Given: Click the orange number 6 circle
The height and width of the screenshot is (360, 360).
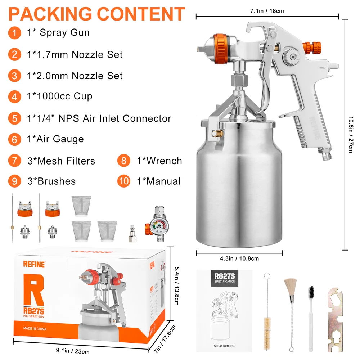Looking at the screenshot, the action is click(14, 139).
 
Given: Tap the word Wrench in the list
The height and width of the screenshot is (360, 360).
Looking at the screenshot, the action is click(164, 161).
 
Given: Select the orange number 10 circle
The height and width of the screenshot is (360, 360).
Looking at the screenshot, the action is click(124, 181).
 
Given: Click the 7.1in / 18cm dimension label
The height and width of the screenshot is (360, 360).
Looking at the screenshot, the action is click(267, 11).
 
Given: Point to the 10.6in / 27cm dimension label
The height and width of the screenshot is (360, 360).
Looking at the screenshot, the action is click(351, 135).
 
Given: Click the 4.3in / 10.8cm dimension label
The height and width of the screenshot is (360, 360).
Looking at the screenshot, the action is click(239, 258).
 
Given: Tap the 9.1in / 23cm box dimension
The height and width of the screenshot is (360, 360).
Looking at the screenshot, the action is click(73, 351).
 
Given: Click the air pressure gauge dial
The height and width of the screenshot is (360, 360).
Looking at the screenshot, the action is click(159, 226).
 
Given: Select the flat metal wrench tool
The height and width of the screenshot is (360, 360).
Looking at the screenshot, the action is click(335, 319).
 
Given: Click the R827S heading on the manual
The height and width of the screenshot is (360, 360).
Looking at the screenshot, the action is click(225, 276).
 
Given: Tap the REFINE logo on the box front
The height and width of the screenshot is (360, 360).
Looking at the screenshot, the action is click(34, 265).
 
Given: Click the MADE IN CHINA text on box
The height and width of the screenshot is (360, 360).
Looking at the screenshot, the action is click(35, 329).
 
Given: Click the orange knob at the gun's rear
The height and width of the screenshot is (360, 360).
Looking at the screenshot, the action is click(312, 48).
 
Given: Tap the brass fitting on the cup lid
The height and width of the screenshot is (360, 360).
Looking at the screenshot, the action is click(217, 133).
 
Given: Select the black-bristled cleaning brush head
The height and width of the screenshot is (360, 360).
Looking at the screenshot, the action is click(311, 292).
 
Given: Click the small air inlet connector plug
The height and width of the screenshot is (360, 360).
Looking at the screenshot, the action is click(132, 234).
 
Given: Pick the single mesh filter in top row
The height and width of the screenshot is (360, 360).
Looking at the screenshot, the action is click(81, 206).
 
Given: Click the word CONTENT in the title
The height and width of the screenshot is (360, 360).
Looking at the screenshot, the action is click(141, 14).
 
